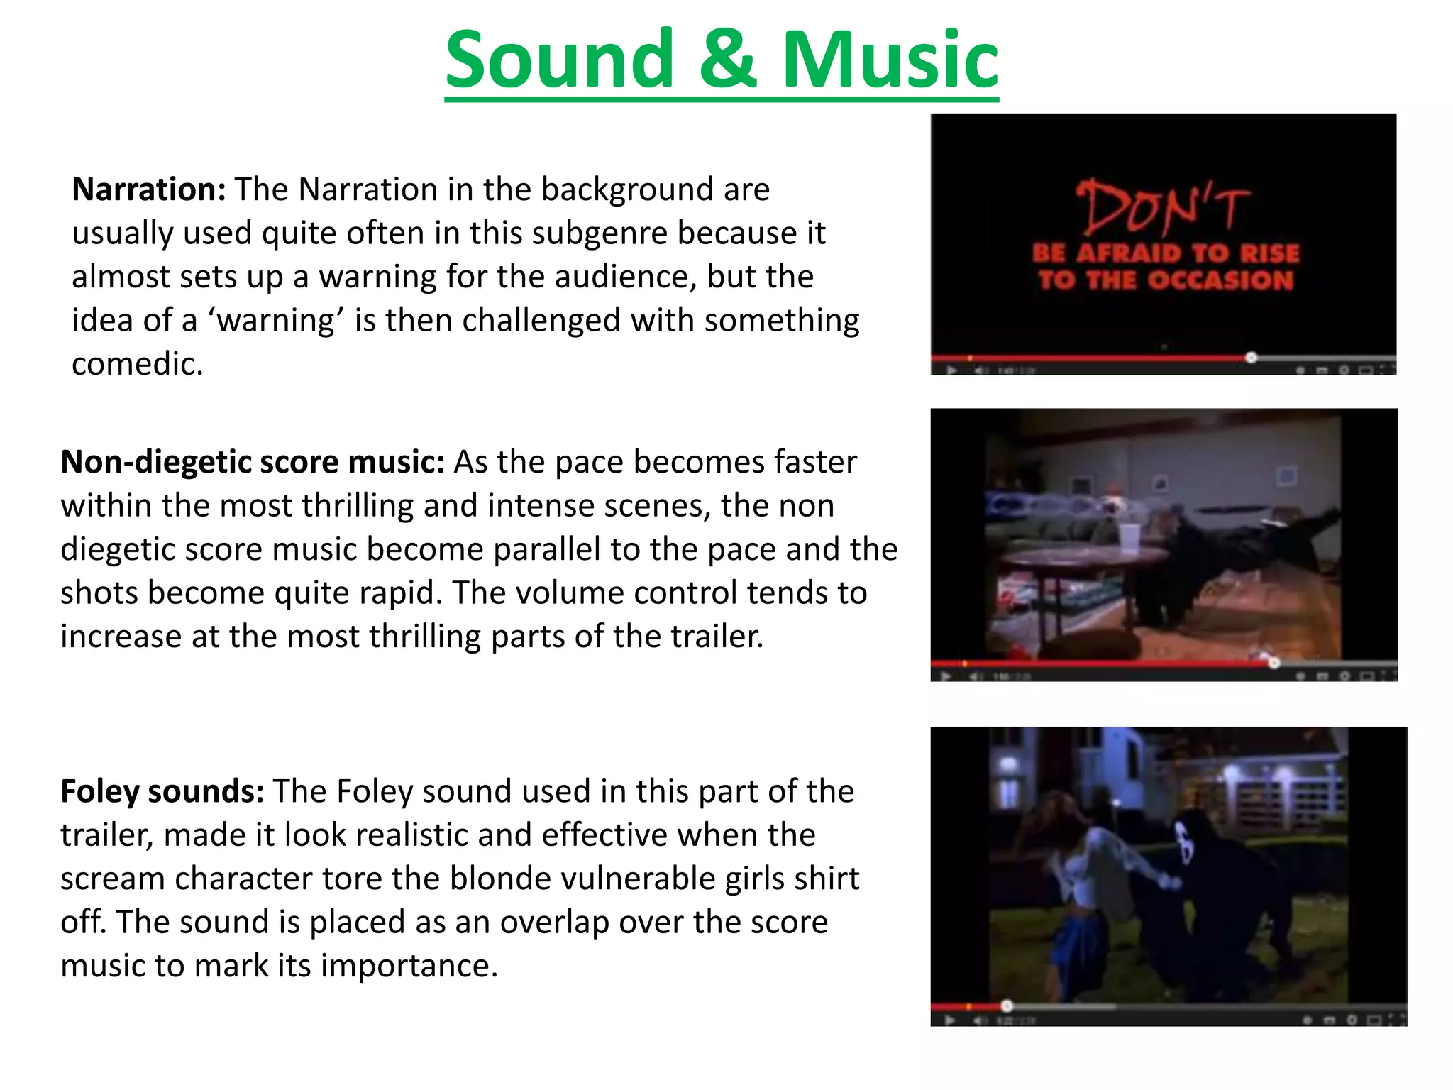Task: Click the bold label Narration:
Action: click(149, 189)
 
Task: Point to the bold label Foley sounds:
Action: click(162, 791)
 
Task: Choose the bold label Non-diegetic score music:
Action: click(253, 462)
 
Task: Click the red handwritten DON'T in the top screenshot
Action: click(1162, 207)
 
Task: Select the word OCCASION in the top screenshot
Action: click(1220, 280)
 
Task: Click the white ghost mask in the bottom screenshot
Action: click(1184, 843)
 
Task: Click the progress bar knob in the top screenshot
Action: click(1252, 358)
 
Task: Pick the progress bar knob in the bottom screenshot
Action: click(1007, 1006)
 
